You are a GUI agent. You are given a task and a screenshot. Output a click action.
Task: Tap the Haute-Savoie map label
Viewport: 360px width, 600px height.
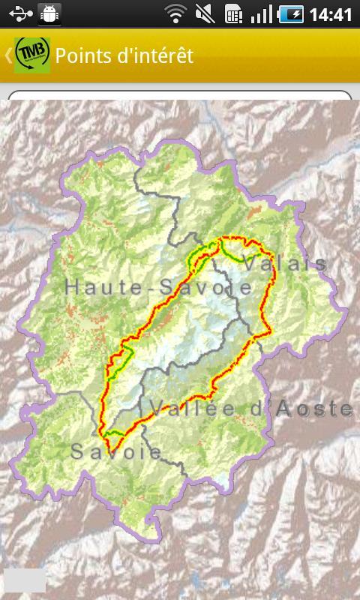click(158, 286)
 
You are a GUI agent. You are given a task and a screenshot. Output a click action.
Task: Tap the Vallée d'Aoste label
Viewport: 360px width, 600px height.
click(251, 409)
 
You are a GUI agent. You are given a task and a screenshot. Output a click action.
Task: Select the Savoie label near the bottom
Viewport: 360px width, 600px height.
click(116, 451)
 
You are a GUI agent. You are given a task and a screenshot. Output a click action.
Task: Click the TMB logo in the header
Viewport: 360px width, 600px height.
click(32, 55)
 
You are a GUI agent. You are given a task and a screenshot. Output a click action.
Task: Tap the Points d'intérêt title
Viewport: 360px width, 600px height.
click(124, 55)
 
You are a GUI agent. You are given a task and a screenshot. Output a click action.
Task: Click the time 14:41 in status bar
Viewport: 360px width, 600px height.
click(330, 14)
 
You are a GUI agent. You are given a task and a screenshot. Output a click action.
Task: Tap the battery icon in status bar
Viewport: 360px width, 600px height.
click(292, 14)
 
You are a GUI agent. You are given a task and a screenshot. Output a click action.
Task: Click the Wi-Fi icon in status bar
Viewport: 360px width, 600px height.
click(175, 14)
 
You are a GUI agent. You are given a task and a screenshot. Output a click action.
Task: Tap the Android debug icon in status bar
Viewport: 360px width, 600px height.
click(49, 14)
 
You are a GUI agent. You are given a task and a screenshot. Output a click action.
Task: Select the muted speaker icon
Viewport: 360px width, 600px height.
click(204, 14)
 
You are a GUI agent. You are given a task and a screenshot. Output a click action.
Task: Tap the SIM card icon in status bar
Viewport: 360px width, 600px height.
click(233, 14)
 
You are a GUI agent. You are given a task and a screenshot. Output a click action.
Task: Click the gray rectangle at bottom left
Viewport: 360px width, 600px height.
click(25, 580)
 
